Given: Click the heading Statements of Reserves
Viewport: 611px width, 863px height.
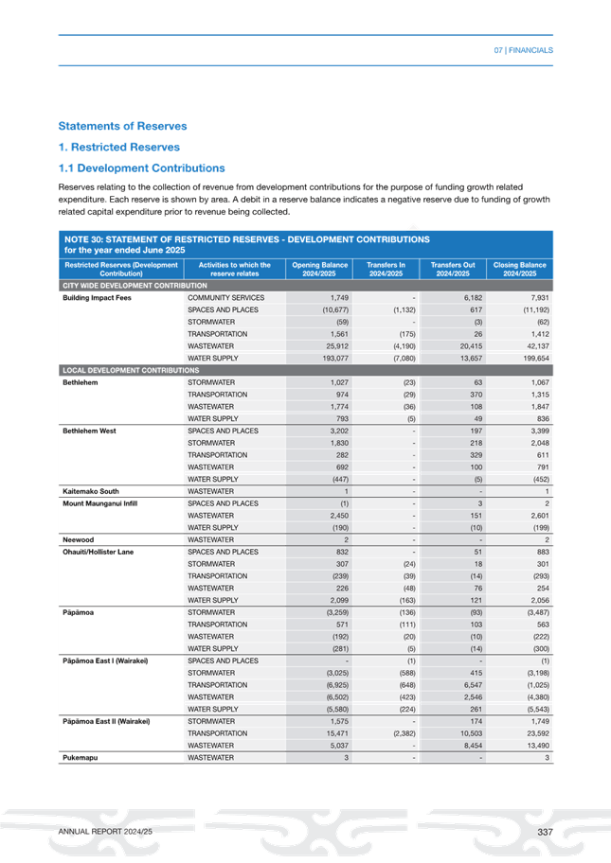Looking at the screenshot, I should [x=122, y=126].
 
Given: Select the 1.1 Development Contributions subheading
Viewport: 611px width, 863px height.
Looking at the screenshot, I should [x=141, y=167].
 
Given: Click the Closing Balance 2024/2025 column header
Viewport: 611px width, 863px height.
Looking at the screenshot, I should [x=520, y=269].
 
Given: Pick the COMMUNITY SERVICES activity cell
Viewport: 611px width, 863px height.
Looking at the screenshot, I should [x=226, y=298].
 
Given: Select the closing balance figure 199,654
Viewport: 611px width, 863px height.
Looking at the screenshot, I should [x=530, y=359].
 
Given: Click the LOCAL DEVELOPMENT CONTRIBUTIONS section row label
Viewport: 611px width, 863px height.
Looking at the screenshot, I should [x=131, y=369].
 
